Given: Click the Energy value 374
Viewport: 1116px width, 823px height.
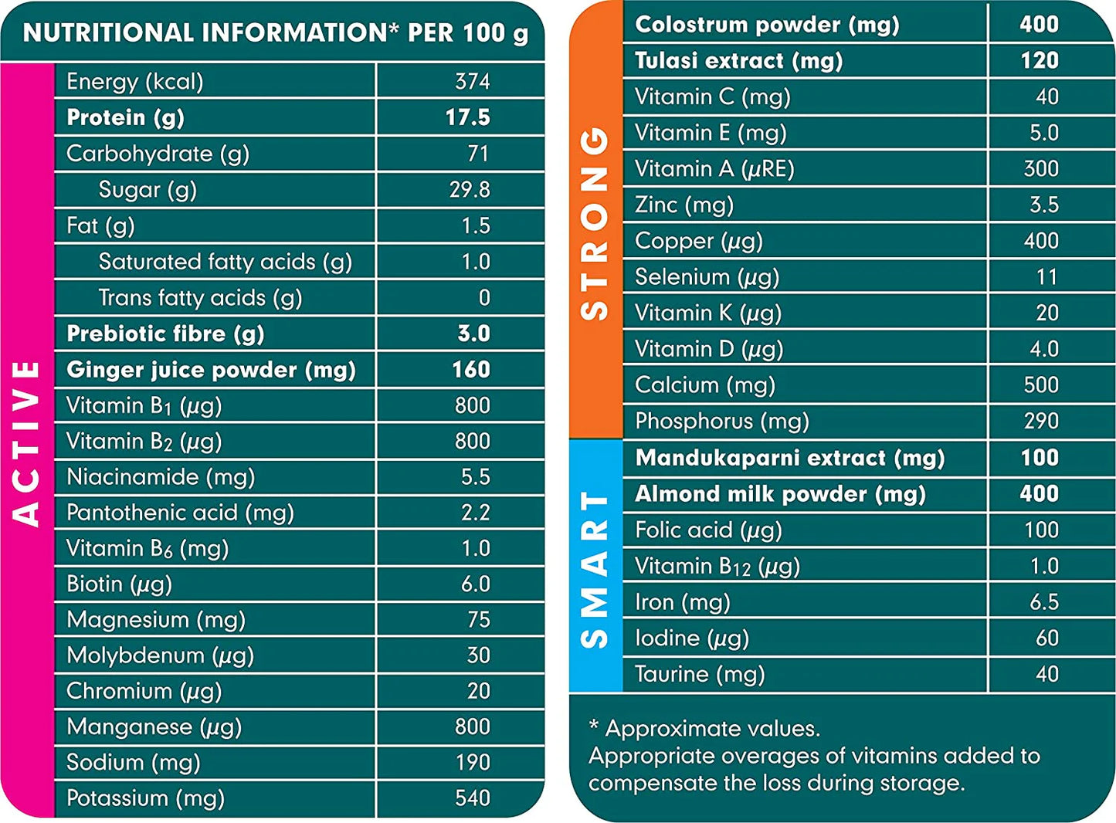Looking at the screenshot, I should (472, 81).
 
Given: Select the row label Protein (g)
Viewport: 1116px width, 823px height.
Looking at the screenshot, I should (125, 117).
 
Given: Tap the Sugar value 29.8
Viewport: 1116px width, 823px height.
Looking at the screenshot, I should (470, 189).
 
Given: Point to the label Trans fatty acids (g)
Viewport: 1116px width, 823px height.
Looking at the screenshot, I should (200, 297).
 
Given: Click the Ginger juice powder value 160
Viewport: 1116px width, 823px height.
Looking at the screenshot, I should (470, 369).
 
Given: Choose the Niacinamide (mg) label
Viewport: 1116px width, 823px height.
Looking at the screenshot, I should (161, 476).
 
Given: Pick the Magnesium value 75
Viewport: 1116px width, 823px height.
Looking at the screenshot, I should (478, 619).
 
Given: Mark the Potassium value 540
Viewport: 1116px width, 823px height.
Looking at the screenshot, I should (472, 798).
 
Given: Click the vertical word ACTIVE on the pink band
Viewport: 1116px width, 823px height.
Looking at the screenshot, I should (27, 443).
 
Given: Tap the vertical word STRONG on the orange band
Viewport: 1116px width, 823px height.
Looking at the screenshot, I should (595, 224).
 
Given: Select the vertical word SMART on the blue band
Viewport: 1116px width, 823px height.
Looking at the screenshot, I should (595, 570).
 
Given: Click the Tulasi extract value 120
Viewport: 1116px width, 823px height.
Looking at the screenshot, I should (1039, 60).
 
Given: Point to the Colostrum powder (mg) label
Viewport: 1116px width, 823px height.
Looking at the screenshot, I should (767, 25).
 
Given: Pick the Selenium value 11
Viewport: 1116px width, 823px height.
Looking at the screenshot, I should (1046, 276).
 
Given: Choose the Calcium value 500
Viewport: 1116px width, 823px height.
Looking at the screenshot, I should (1040, 384).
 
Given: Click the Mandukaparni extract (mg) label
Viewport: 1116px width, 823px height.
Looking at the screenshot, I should (789, 458).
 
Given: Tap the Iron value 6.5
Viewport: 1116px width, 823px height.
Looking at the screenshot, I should (1043, 601).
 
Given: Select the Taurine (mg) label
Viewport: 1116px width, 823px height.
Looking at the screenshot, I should (700, 674).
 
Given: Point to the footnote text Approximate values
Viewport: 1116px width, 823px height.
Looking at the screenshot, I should (712, 728).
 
